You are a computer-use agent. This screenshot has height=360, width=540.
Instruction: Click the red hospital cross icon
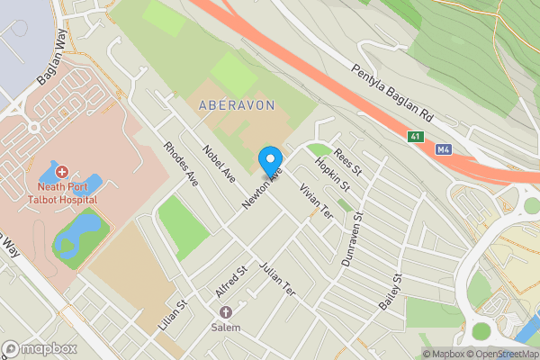[x=61, y=172]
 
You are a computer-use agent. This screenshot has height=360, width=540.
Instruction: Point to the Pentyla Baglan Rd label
[x=394, y=94]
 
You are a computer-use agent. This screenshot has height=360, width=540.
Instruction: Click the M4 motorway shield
[x=442, y=149]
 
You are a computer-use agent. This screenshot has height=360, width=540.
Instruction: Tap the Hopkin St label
[x=331, y=174]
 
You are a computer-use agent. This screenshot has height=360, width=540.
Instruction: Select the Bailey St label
[x=389, y=292]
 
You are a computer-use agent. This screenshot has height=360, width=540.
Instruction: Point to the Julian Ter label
[x=276, y=280]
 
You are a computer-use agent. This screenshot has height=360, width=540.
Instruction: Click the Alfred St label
[x=231, y=282]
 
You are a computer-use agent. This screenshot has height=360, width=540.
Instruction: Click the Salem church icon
[x=226, y=311]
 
